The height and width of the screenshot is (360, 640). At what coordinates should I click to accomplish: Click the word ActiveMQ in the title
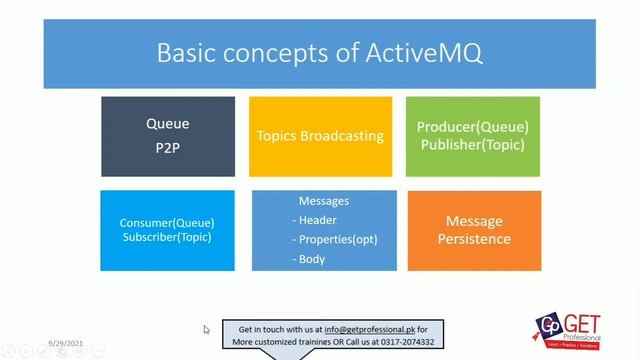(x=420, y=53)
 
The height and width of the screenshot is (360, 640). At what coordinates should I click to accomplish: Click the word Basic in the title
(x=190, y=53)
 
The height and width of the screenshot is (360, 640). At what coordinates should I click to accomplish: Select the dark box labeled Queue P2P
(x=167, y=136)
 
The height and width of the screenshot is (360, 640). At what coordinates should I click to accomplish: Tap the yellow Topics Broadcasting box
(x=319, y=136)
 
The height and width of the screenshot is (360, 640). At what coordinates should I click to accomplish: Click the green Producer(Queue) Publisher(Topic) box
(x=473, y=136)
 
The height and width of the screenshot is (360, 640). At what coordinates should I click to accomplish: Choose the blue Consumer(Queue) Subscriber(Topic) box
(x=167, y=230)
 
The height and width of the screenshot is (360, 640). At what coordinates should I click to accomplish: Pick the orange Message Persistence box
(x=473, y=230)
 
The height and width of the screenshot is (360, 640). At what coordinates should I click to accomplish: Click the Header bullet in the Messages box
(x=316, y=220)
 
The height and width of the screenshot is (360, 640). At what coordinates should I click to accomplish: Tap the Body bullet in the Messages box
(x=311, y=259)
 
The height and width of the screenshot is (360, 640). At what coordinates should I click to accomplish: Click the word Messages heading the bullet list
(x=324, y=201)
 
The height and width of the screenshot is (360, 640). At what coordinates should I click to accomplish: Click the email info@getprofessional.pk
(x=366, y=329)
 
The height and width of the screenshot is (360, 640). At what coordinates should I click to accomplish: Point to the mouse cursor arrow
(x=207, y=329)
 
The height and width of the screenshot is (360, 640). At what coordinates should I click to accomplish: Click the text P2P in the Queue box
(x=167, y=146)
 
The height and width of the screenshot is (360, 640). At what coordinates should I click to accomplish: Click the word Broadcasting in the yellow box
(x=343, y=136)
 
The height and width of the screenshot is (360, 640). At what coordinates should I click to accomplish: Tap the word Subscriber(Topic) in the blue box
(x=167, y=237)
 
